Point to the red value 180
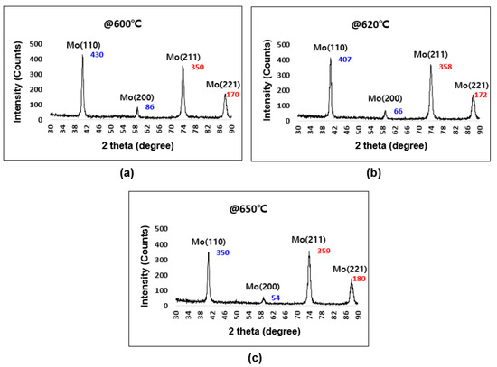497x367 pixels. pyautogui.click(x=361, y=279)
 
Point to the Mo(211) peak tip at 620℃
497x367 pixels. pyautogui.click(x=431, y=65)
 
